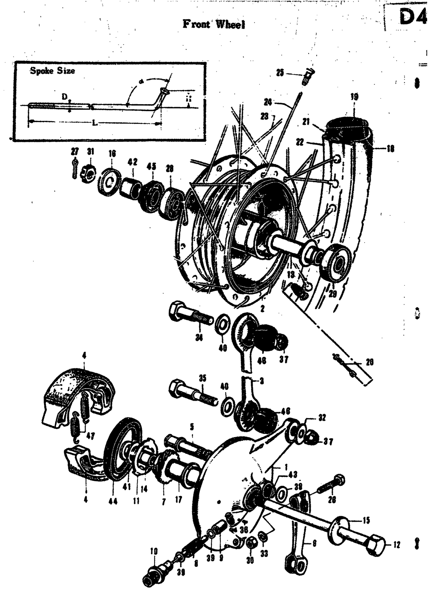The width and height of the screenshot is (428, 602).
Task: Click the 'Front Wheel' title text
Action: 214,24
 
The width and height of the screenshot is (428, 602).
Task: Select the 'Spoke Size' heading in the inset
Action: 52,71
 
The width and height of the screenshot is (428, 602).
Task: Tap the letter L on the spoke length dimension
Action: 94,123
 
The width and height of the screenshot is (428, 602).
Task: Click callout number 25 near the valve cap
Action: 280,73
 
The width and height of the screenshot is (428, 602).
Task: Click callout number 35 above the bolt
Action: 202,378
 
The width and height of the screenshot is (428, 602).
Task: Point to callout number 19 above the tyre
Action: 354,97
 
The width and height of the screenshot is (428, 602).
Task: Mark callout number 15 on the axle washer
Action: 366,521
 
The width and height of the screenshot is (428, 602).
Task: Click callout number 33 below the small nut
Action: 264,554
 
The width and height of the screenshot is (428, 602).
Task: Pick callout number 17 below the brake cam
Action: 178,500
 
